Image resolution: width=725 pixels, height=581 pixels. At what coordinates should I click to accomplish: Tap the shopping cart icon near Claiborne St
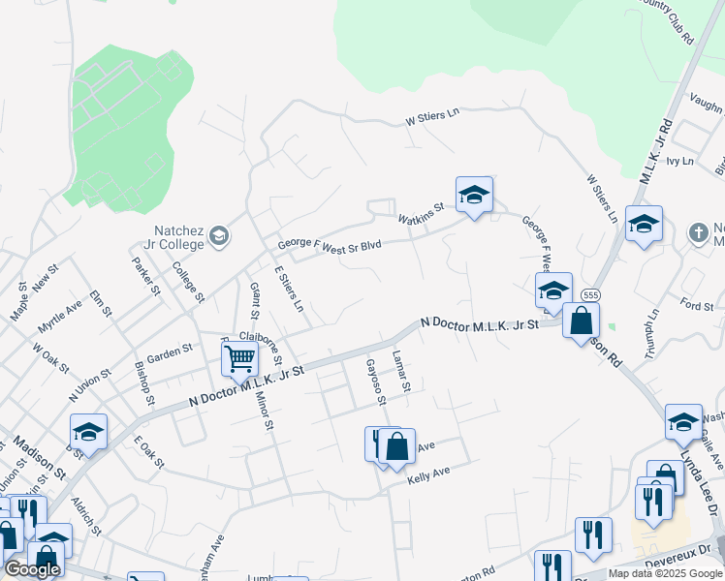coord(238,358)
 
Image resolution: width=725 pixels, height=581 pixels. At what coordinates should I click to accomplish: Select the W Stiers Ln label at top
coord(431,117)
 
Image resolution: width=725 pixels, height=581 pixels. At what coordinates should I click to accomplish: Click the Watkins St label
coord(425,207)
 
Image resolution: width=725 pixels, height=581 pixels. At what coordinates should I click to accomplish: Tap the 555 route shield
coord(588,293)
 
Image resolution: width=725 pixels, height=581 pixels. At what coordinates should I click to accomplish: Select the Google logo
coord(32,569)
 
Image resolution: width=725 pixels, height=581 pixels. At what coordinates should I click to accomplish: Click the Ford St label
coord(696,307)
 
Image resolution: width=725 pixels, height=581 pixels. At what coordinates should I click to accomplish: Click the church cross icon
coord(698,232)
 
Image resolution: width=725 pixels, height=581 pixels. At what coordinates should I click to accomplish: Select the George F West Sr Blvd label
coord(330,246)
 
